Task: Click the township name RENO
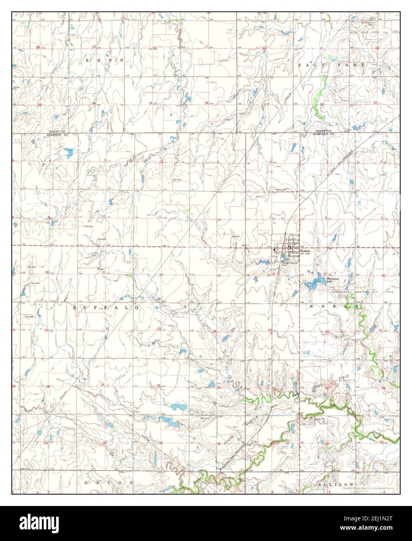(104, 61)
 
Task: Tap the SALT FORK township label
(331, 65)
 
